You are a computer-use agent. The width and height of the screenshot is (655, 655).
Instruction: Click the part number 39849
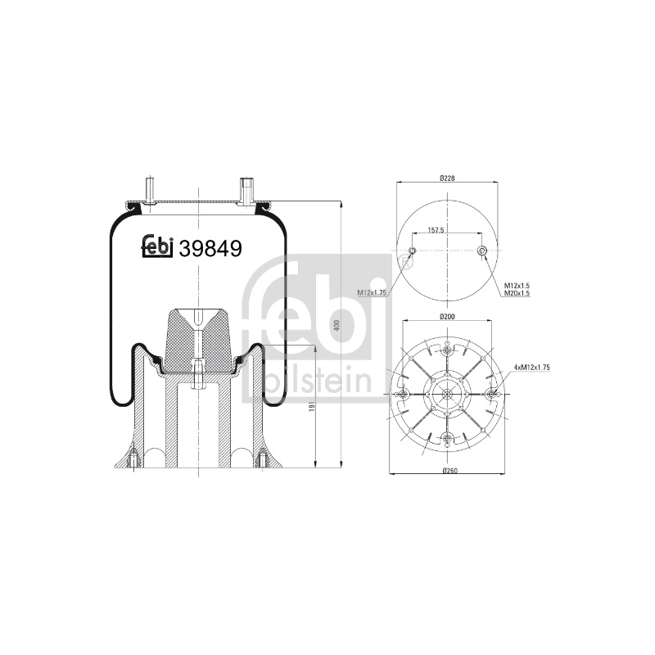[210, 249]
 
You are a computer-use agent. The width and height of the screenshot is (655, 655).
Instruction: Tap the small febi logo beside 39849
[157, 246]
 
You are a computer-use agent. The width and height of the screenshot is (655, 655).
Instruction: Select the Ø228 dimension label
[447, 178]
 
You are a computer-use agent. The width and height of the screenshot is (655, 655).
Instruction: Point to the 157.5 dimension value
[436, 230]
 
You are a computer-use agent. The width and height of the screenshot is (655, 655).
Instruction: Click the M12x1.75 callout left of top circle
[372, 293]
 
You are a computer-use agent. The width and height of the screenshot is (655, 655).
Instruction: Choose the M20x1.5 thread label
[517, 293]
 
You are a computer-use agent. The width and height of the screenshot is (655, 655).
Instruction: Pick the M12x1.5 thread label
[517, 286]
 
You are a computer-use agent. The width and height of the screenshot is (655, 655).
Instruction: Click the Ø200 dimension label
[447, 317]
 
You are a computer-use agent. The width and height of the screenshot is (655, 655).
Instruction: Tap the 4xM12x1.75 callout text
[531, 367]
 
